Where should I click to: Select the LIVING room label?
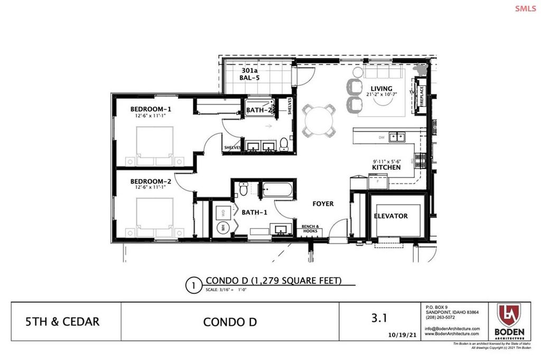click(381, 88)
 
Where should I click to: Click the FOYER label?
click(322, 204)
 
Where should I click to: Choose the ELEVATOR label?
click(390, 216)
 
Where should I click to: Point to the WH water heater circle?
click(222, 228)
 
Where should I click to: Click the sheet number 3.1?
click(379, 318)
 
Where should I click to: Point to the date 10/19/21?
click(399, 334)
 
